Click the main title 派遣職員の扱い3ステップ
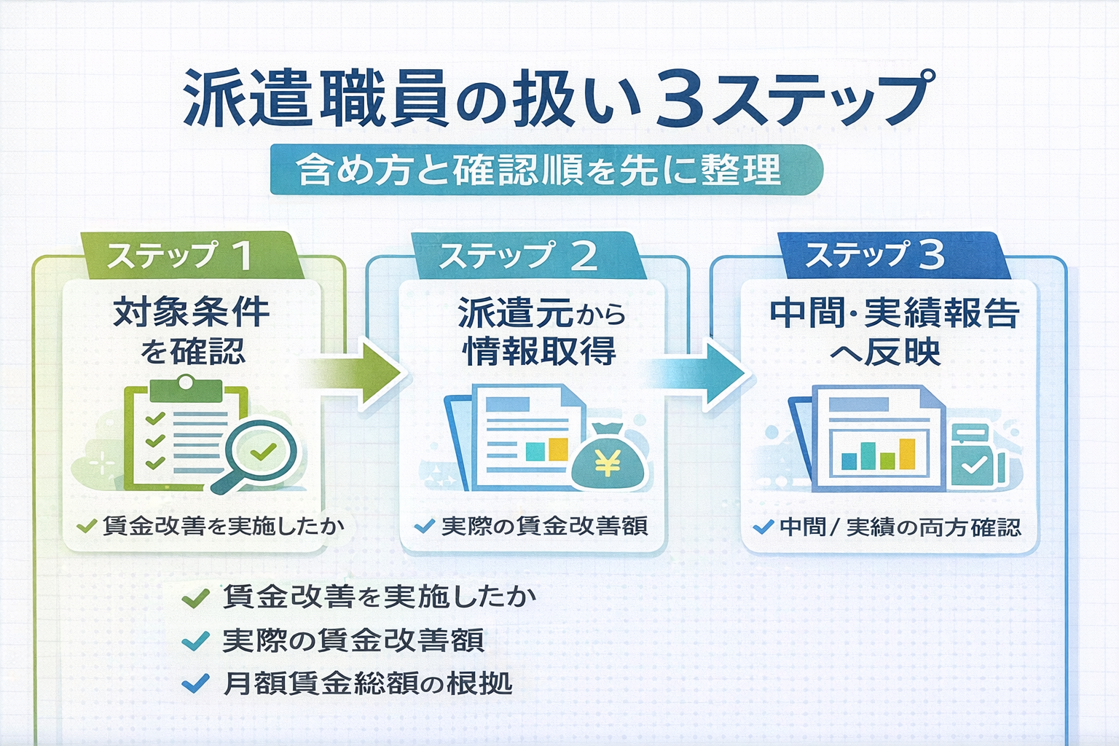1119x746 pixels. coord(558,98)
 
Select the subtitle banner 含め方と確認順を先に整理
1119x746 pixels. coord(546,170)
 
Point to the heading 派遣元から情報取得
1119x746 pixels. coord(540,331)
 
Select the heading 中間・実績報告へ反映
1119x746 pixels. coord(894,331)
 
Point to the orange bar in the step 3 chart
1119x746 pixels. coord(906,453)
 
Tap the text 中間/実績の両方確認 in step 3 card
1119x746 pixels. coord(900,527)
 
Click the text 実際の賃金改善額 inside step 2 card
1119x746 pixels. coord(543,526)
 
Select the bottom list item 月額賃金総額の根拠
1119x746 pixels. coord(367,684)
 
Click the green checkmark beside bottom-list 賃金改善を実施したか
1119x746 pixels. coord(195,598)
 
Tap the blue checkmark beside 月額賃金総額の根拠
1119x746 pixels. coord(195,684)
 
